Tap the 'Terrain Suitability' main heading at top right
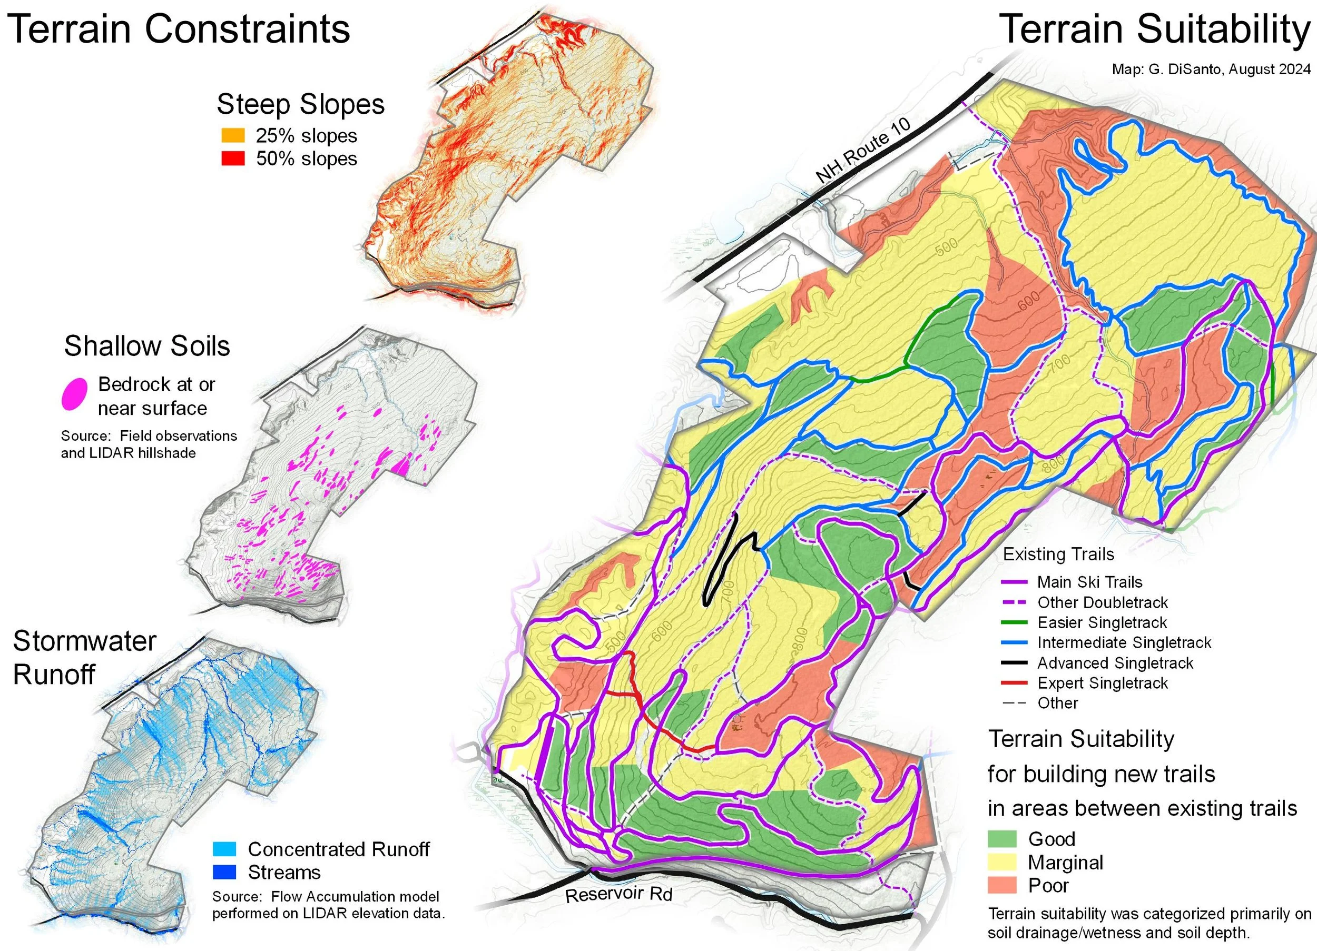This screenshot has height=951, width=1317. pos(1156,29)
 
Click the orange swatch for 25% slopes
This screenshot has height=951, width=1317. pos(233,135)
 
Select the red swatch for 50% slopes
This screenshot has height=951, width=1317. pos(233,158)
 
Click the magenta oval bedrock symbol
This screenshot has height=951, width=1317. pos(75,394)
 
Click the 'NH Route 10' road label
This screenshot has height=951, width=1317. pos(862,150)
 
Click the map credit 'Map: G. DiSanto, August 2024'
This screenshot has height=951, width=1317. pos(1211,69)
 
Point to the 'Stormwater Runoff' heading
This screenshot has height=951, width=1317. pos(85,658)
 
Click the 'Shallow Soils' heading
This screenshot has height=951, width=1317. pos(147,346)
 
